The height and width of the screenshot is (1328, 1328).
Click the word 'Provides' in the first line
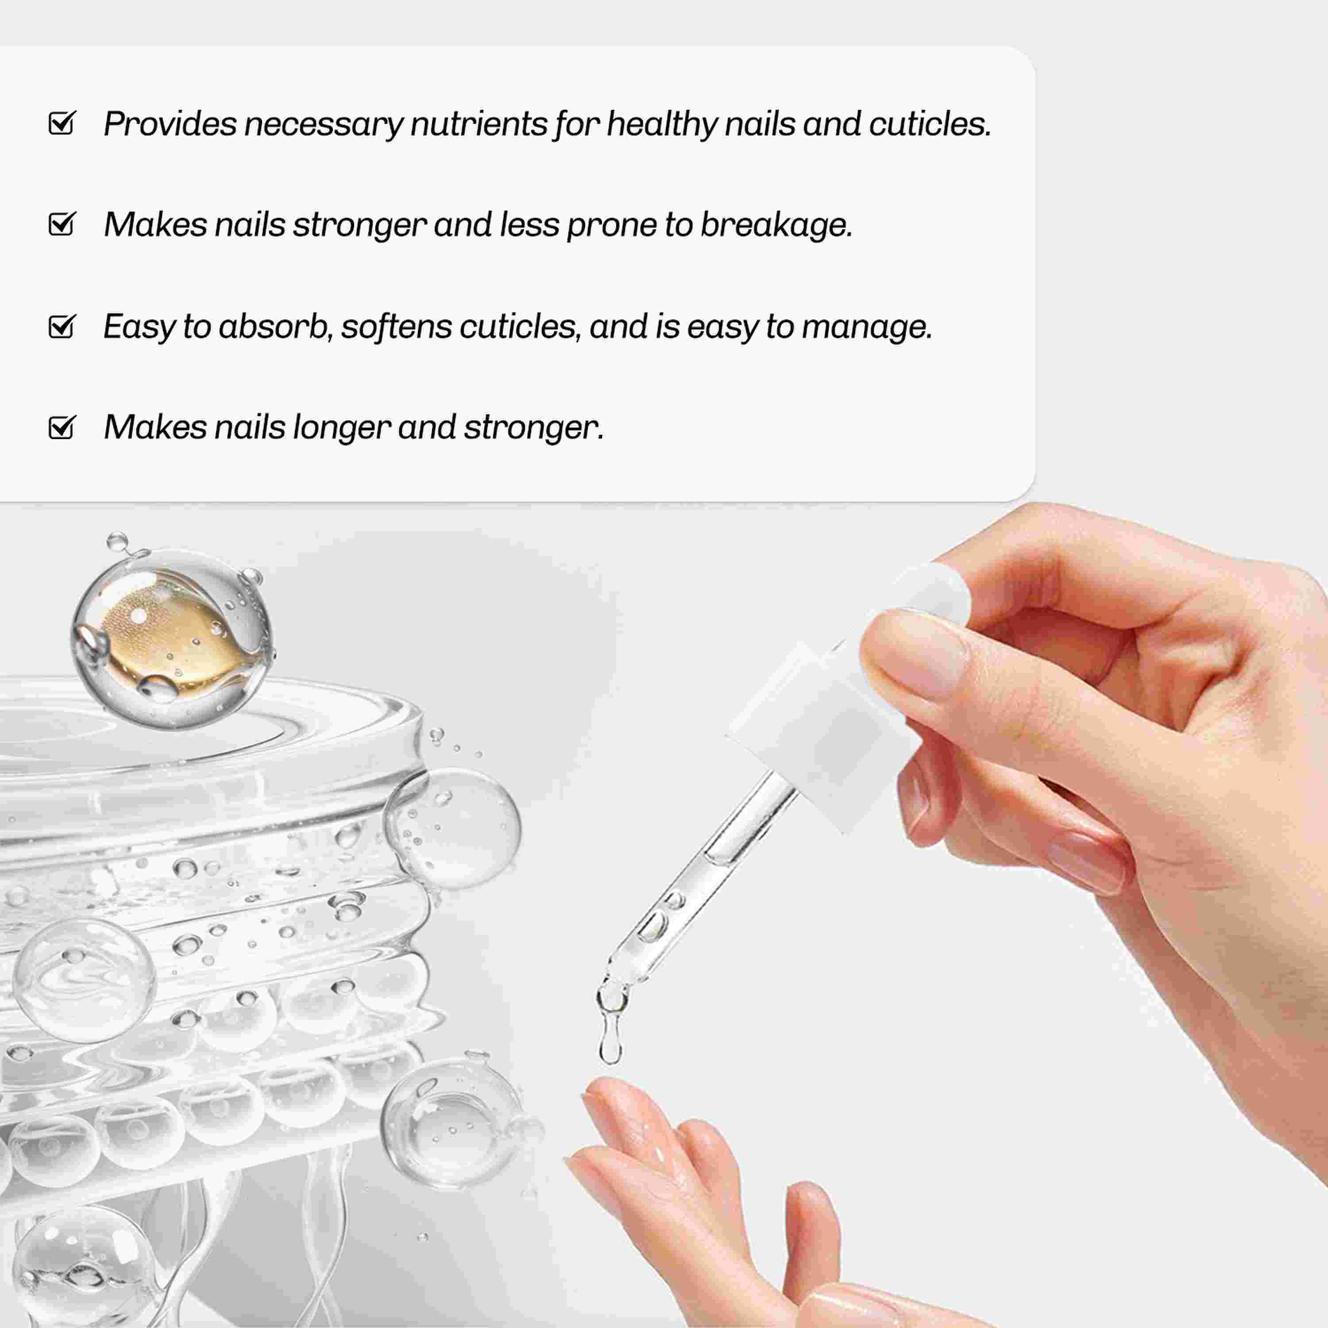pos(170,124)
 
